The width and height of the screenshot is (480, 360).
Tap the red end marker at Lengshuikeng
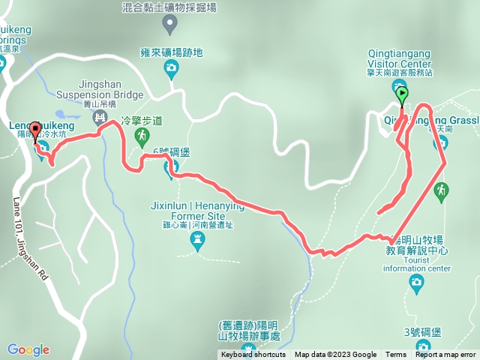point(34,127)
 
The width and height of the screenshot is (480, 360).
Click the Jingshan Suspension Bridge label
point(110,90)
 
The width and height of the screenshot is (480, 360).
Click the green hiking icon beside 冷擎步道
point(141,136)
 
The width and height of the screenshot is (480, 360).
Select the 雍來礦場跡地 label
point(172,52)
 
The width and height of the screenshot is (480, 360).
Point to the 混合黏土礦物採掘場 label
point(171,7)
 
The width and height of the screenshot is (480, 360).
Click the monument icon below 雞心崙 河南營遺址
point(198,239)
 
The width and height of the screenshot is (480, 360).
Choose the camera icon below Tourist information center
point(417,281)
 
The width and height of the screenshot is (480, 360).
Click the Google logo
point(28,349)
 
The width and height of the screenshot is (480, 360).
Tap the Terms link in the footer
point(396,355)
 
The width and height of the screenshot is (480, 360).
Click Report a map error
point(447,355)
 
